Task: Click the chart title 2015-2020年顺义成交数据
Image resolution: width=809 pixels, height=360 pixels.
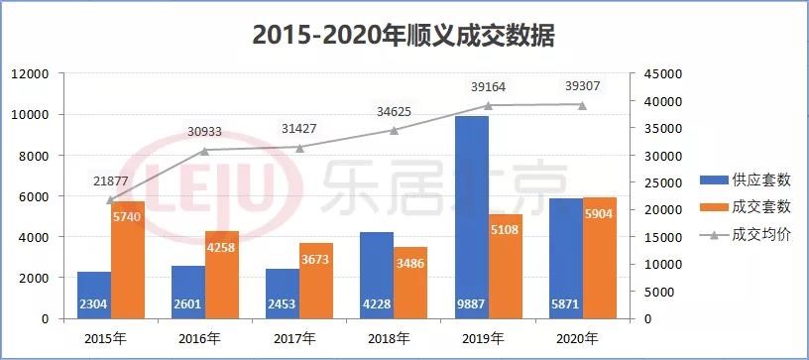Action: click(x=404, y=36)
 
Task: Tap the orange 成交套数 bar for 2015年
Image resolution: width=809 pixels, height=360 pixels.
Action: click(x=128, y=260)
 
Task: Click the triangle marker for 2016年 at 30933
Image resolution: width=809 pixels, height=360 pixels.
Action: click(x=205, y=150)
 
